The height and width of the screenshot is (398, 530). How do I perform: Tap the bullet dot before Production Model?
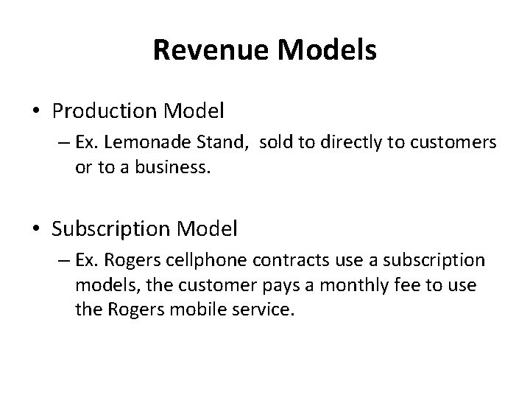37,112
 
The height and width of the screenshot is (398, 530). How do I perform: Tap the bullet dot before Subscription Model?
37,230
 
